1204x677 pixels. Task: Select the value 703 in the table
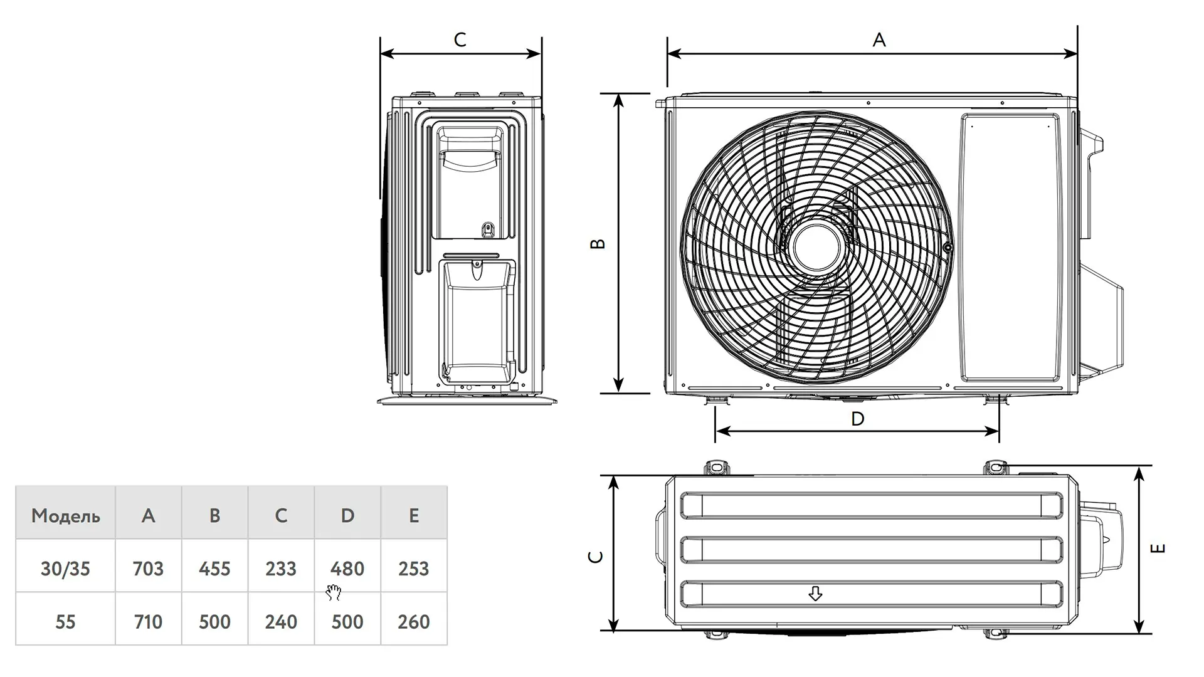[148, 569]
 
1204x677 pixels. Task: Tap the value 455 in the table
[214, 569]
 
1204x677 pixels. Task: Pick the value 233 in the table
[281, 569]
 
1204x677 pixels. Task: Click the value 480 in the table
[347, 569]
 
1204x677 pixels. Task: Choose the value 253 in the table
[414, 569]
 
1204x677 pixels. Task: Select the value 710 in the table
[148, 622]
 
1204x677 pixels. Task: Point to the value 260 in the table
[414, 622]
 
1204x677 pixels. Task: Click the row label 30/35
[65, 569]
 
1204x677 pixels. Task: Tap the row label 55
[65, 622]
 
